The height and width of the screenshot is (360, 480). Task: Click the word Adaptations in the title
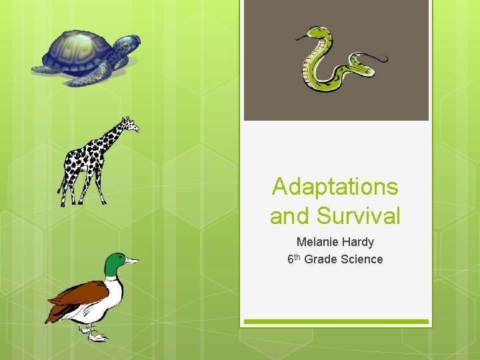335,187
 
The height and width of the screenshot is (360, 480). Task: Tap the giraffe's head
130,123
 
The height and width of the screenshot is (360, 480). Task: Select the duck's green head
115,263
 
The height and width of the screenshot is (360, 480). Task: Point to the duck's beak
132,261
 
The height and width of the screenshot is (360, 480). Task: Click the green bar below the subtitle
335,322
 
